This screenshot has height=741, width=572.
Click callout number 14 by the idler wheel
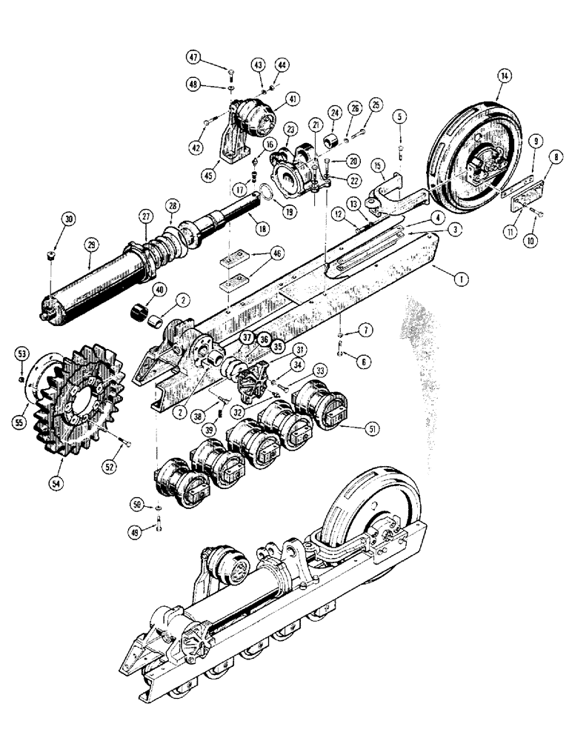[x=505, y=76]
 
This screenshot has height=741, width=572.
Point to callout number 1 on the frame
[x=460, y=279]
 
